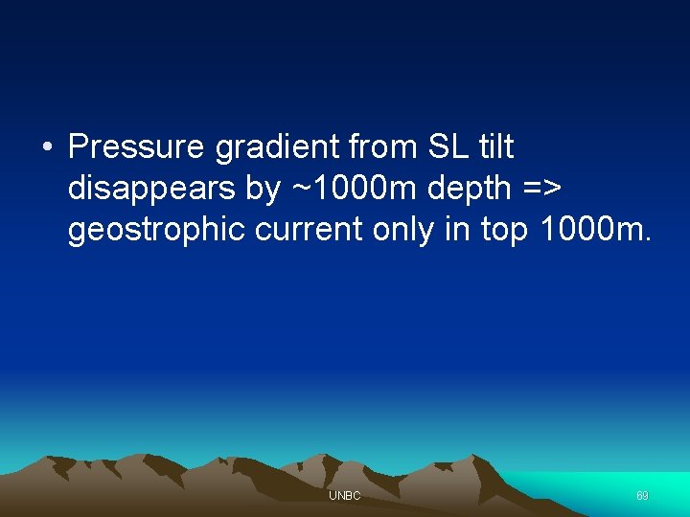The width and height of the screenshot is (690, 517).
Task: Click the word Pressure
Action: click(137, 147)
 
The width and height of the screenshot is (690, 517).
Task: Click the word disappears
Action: click(152, 190)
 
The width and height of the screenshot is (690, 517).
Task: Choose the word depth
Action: click(470, 190)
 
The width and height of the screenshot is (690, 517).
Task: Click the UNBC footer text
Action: click(344, 496)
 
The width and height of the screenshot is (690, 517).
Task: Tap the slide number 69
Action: click(642, 496)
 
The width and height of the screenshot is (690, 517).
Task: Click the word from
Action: click(379, 147)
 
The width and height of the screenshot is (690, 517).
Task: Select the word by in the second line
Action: click(262, 190)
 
